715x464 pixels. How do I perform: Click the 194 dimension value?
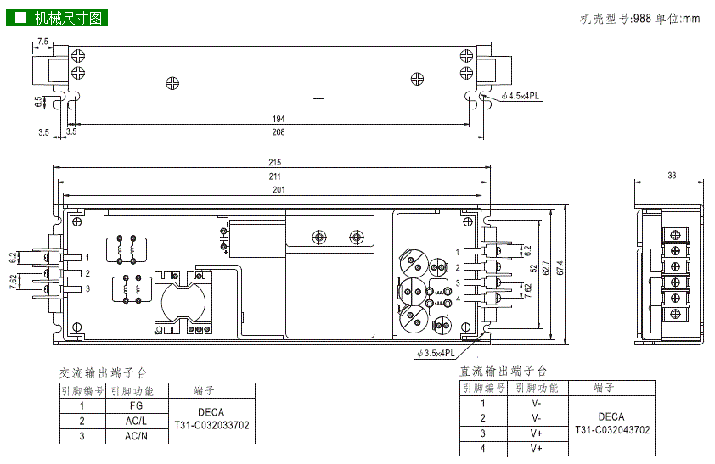coord(278,119)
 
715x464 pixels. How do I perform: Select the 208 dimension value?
coord(278,132)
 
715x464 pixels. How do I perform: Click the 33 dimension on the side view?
coord(672,176)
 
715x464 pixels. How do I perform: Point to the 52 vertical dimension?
coord(533,269)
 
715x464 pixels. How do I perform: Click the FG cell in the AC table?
coord(136,405)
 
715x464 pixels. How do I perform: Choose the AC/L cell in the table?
coord(136,421)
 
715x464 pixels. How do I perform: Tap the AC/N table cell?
coord(136,436)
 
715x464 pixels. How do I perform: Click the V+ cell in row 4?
coord(536,448)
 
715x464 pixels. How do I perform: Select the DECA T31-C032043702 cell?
coord(611,424)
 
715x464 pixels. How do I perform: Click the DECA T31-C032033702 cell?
coord(211,420)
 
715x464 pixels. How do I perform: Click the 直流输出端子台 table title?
coord(504,372)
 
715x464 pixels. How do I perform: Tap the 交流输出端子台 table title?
coord(103,373)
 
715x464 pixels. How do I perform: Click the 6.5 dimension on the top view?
coord(38,102)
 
